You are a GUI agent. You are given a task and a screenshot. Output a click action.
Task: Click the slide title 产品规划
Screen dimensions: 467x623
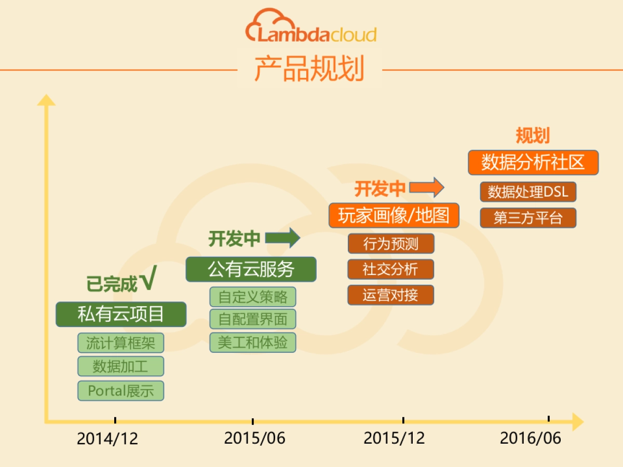[x=309, y=68]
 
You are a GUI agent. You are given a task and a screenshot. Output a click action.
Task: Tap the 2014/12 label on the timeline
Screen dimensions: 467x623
[x=107, y=438]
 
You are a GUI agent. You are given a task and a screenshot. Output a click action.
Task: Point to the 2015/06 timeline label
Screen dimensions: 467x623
[x=254, y=438]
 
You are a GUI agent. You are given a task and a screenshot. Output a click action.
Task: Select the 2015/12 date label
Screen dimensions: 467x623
[x=394, y=438]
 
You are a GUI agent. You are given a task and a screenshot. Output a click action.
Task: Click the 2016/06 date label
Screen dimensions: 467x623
[x=531, y=438]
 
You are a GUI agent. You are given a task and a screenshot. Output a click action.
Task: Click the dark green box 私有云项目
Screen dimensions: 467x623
[x=121, y=314]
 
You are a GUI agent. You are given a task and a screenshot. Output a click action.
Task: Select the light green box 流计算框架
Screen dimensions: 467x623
[x=121, y=343]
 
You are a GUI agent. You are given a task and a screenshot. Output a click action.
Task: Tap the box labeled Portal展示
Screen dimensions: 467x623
[x=121, y=391]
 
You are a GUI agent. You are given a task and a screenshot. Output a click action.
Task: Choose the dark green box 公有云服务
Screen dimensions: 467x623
[x=251, y=269]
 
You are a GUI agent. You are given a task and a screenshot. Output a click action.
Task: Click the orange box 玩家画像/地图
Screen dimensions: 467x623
[x=394, y=215]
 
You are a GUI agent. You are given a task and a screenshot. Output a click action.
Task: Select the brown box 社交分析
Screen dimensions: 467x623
[x=390, y=269]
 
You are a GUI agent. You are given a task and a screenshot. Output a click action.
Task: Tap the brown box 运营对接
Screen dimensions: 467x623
[x=390, y=295]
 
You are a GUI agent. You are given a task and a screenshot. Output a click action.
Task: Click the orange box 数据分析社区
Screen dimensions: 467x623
[x=533, y=162]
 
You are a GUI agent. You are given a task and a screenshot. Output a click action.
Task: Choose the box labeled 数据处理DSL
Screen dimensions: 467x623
[x=528, y=192]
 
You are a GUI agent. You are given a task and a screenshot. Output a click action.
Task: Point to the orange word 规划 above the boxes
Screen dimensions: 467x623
[x=533, y=136]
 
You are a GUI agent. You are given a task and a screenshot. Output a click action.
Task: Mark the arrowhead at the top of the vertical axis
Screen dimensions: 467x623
[x=46, y=99]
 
